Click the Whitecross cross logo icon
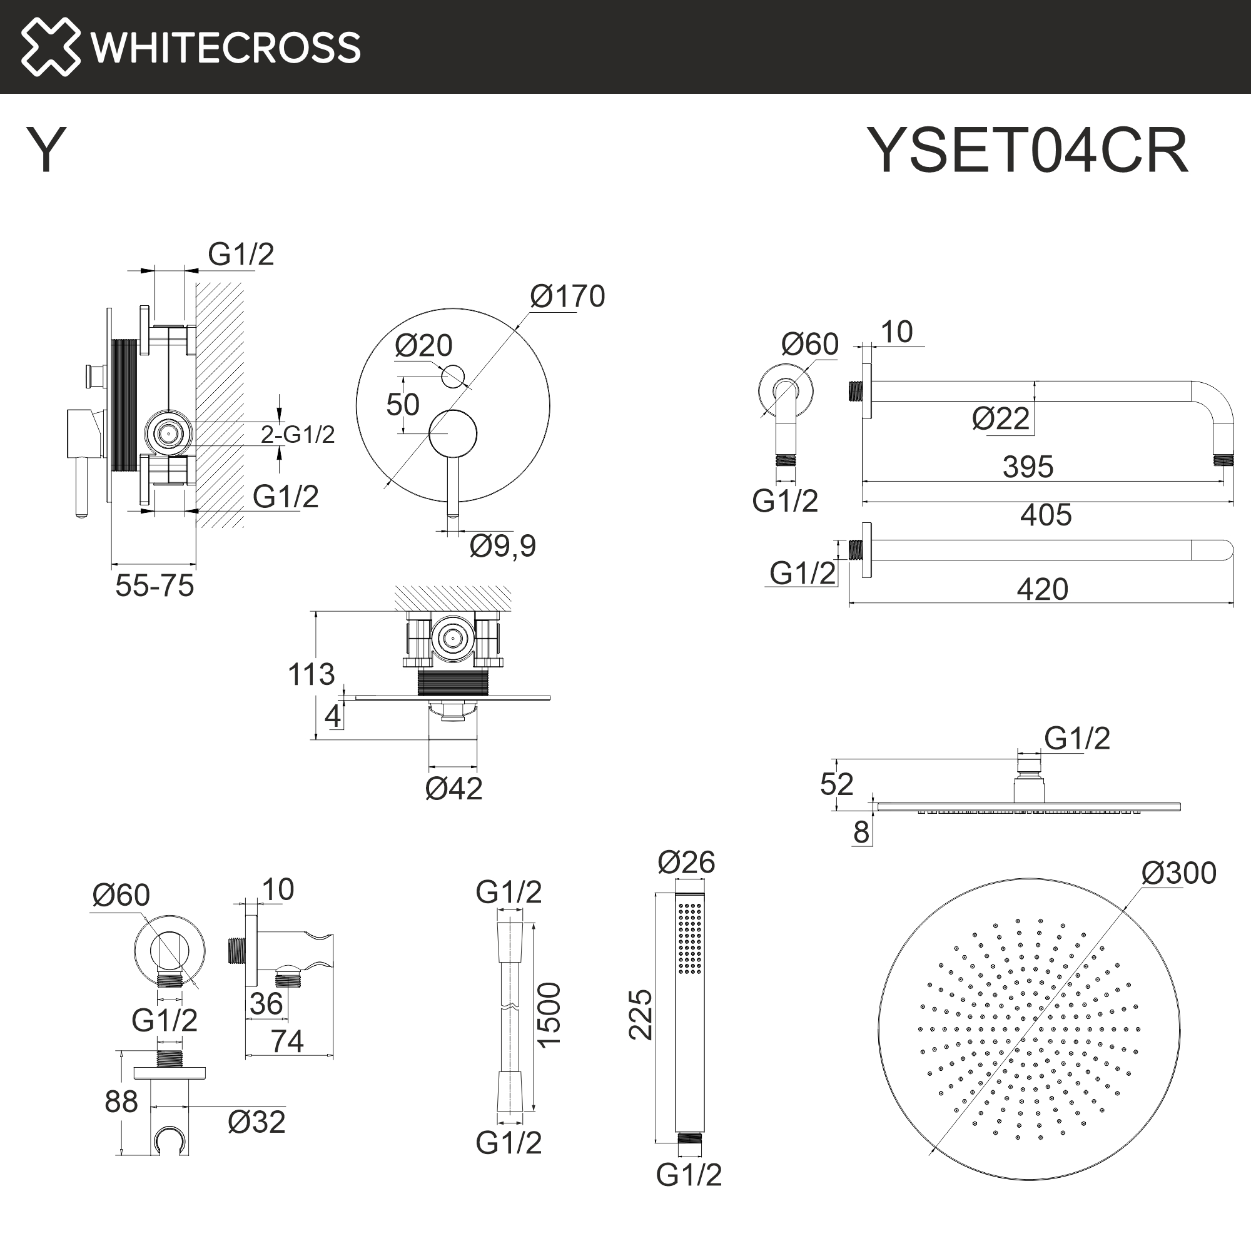point(51,47)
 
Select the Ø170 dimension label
point(567,296)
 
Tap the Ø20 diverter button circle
point(453,376)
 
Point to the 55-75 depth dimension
point(154,586)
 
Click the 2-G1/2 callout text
point(298,435)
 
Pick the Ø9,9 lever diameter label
point(502,546)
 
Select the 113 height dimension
point(311,675)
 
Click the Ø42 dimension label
point(453,789)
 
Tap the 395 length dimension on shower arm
point(1028,467)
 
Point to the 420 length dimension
point(1042,589)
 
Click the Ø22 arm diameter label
point(1000,419)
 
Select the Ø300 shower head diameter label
point(1178,873)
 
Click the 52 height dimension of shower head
point(836,785)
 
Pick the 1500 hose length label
point(549,1015)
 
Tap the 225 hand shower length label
point(641,1015)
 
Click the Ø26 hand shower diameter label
point(686,863)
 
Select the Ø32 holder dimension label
point(256,1122)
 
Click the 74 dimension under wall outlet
point(287,1041)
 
